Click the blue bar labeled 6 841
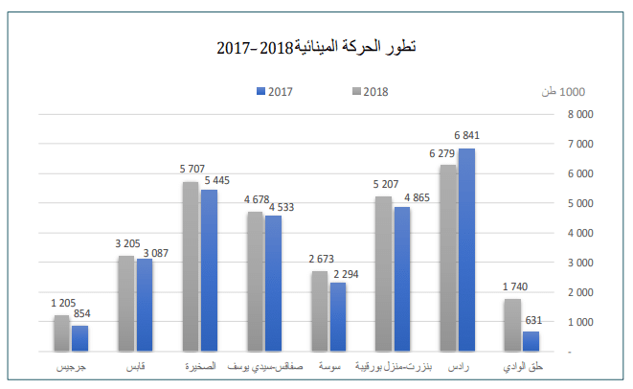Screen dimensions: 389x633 click(x=466, y=250)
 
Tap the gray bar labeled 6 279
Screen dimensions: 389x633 click(x=448, y=259)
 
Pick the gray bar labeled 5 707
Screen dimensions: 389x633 click(x=191, y=267)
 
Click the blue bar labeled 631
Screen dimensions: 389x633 click(x=531, y=342)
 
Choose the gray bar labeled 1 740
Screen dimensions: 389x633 click(x=512, y=326)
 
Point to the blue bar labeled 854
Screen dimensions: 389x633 click(x=79, y=339)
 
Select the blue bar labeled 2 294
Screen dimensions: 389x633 click(x=337, y=317)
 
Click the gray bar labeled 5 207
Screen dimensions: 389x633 click(x=384, y=274)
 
